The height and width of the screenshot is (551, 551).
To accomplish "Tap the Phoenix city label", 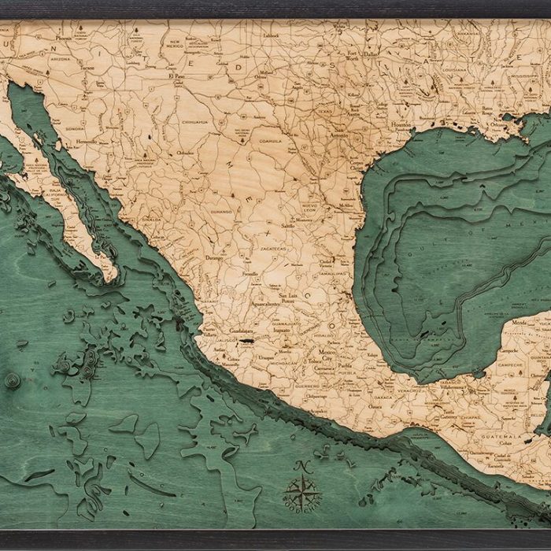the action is point(63,38).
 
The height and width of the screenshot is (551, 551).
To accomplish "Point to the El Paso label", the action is point(176,76).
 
